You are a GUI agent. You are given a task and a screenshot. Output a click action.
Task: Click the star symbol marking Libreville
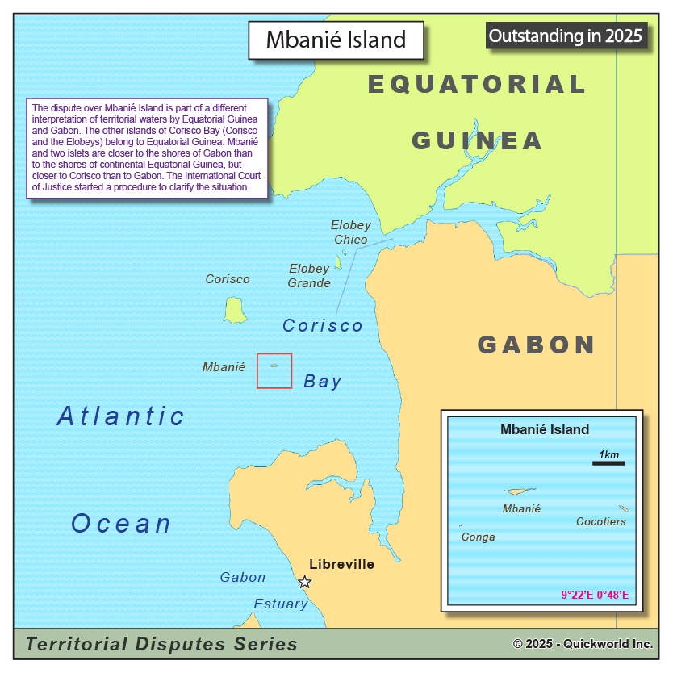coord(304,582)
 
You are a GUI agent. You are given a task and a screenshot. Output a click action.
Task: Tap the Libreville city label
coord(341,564)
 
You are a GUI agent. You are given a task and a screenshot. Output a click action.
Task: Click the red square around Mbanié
coord(274,370)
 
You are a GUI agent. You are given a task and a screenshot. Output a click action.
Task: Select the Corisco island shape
coord(235,310)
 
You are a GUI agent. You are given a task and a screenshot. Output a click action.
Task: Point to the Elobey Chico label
coord(351,232)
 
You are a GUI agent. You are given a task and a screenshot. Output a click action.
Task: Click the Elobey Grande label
coord(309,276)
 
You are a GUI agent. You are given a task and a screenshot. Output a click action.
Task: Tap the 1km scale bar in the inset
coord(608,462)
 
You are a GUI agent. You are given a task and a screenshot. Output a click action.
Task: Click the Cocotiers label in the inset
coord(600,522)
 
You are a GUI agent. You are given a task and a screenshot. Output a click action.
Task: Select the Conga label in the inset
coord(478,537)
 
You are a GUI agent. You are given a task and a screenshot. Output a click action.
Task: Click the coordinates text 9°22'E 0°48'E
coord(595,596)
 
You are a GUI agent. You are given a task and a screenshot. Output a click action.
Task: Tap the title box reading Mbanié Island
coord(336,40)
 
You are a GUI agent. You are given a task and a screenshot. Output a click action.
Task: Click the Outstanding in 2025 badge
coord(566,36)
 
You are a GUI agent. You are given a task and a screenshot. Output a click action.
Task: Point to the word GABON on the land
coord(537,345)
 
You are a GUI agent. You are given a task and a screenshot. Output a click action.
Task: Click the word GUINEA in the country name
coord(477,140)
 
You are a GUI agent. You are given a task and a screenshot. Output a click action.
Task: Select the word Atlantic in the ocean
coord(121,416)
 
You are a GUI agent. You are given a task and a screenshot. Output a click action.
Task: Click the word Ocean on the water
coord(121,524)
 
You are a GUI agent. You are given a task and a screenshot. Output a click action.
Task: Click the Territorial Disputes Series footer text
coord(161,644)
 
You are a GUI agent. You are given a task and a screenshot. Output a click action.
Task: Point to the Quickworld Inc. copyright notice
coord(583,644)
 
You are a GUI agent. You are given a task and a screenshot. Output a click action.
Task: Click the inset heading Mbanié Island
coord(545,430)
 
